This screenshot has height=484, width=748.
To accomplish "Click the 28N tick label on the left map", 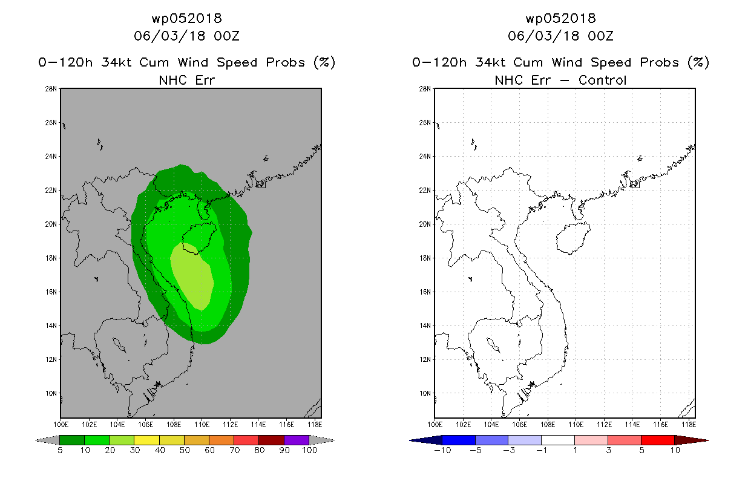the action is [x=51, y=89].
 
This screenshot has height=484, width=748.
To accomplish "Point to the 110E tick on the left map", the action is [x=202, y=425].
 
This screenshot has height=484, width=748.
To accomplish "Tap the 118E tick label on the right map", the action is [x=689, y=425].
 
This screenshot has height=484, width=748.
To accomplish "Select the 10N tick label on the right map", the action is [x=425, y=393].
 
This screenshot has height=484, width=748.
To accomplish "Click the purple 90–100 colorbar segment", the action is [x=297, y=440].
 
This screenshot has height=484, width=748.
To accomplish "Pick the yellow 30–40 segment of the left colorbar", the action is [x=147, y=440].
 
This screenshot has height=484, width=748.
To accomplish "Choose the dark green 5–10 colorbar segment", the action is [x=72, y=440].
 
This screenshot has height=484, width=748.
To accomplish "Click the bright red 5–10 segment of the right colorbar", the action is [x=658, y=440].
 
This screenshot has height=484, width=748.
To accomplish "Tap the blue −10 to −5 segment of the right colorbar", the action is [x=459, y=440].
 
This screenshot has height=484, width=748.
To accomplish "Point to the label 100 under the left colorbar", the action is [x=309, y=450].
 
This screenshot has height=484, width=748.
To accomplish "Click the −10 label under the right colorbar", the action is [x=442, y=450].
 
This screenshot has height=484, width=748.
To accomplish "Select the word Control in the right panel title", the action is [x=602, y=80].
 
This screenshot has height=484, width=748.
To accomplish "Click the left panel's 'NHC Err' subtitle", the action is [x=186, y=80].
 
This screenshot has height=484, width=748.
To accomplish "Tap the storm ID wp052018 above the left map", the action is [x=186, y=18].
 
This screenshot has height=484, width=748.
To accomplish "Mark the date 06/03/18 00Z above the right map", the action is [x=560, y=36].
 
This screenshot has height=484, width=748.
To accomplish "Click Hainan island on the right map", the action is [x=572, y=238].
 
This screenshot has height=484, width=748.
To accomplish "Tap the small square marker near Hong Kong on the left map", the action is [x=260, y=184].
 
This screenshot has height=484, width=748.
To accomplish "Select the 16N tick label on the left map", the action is [x=51, y=292].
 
